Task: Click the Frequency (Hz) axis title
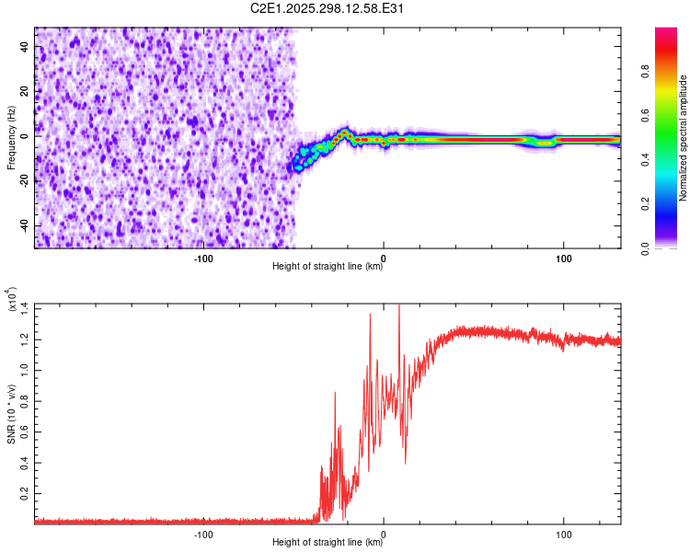[11, 138]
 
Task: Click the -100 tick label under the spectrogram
[204, 259]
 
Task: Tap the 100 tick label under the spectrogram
[562, 259]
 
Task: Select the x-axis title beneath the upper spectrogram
[328, 267]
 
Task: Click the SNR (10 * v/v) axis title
[11, 414]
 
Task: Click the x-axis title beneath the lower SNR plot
[328, 543]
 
